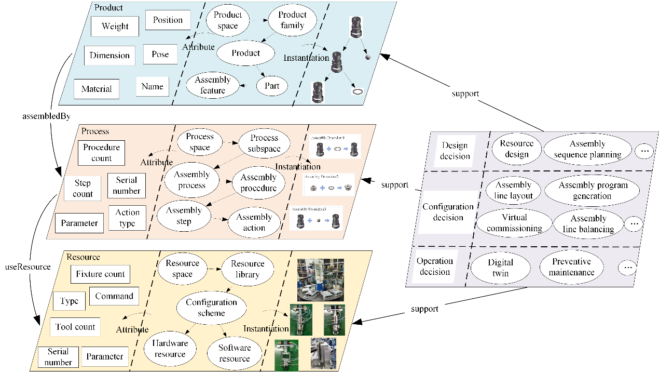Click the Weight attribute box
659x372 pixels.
[115, 26]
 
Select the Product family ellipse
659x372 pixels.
[292, 20]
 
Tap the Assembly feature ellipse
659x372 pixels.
[213, 85]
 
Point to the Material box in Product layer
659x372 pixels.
[97, 89]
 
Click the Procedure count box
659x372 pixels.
[102, 153]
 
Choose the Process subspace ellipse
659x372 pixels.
[264, 143]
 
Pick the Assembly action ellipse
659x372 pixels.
[254, 222]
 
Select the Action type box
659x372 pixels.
[127, 218]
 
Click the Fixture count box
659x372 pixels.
[100, 274]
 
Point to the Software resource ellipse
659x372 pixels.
[235, 353]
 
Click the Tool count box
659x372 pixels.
[76, 327]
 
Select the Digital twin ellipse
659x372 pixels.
[501, 268]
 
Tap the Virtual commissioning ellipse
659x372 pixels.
[514, 223]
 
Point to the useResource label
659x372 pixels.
[28, 267]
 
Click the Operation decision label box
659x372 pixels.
[435, 267]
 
